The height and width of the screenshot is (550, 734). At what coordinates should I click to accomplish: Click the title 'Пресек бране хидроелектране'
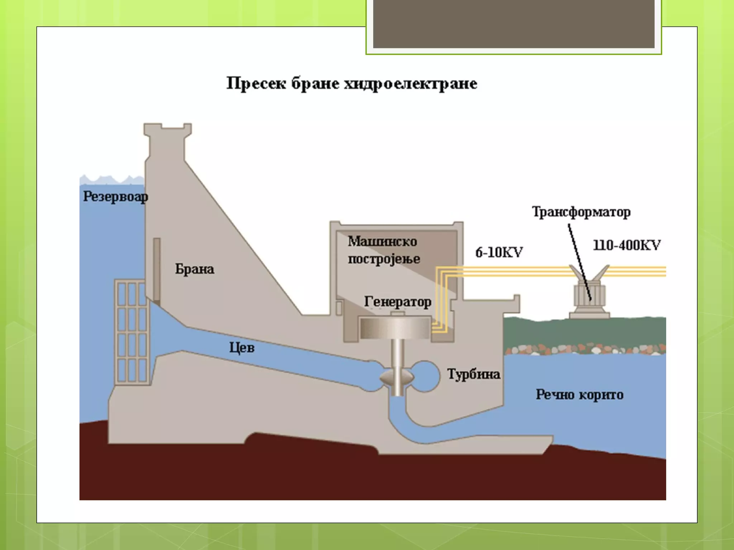point(352,84)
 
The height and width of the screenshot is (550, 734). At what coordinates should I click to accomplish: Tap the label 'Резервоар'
point(115,197)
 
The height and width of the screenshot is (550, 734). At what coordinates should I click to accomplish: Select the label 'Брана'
point(195,269)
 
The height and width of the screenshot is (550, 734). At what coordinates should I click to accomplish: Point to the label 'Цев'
point(242,348)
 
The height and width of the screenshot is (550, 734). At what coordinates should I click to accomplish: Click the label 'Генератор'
point(397,301)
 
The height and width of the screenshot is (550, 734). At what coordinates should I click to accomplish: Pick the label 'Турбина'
point(473,374)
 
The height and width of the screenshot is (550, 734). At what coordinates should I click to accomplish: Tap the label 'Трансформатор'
point(581,212)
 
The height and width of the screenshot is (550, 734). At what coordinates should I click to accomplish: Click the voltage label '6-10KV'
point(499,252)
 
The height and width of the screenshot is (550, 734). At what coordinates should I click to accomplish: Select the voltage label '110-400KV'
point(627,245)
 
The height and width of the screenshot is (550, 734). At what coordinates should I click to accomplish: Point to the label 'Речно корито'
point(580,395)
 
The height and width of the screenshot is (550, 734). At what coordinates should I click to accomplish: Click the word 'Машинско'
point(382,241)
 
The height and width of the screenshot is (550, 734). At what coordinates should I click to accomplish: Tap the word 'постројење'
point(384,259)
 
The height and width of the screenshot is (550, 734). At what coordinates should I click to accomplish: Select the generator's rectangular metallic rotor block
point(395,328)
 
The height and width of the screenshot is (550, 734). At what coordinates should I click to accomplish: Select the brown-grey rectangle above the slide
point(514,24)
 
